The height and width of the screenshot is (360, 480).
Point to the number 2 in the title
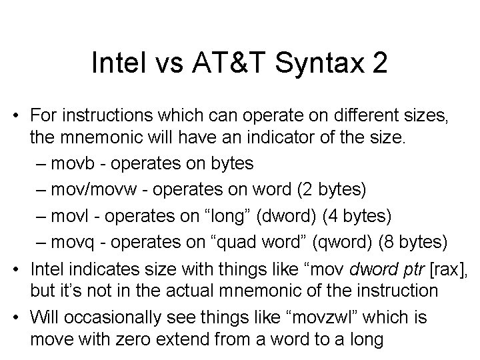[379, 65]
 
